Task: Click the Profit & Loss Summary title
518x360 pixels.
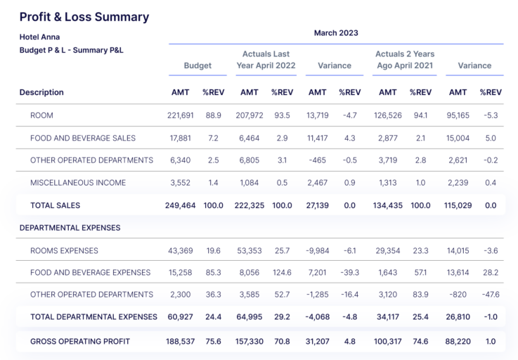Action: (x=84, y=17)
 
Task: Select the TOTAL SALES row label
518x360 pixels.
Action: (x=55, y=205)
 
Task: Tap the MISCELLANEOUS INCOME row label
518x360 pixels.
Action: (x=78, y=183)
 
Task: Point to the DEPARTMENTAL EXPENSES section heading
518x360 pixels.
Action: (x=70, y=228)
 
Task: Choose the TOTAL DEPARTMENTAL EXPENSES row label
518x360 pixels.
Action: (x=93, y=317)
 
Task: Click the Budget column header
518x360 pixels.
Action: (x=198, y=66)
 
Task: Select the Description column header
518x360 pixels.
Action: (x=41, y=92)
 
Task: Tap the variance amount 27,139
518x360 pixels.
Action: (x=318, y=205)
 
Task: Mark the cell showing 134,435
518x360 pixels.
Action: (x=387, y=205)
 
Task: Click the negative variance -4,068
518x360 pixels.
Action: (x=318, y=317)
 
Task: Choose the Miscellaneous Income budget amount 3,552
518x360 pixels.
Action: (x=182, y=183)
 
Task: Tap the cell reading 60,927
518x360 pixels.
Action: (x=182, y=317)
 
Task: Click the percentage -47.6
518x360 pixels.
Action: (x=491, y=294)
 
